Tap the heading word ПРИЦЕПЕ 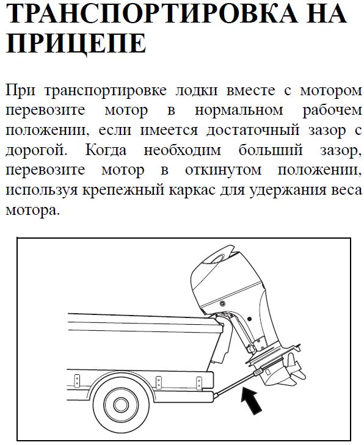(x=76, y=43)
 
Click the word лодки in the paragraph (x=197, y=90)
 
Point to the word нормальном (x=239, y=110)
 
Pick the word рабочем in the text (x=332, y=110)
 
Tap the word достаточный (x=253, y=130)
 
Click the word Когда (x=106, y=150)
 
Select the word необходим (x=182, y=150)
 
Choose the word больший (x=271, y=150)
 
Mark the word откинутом (x=223, y=170)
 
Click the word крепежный (x=123, y=190)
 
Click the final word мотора (x=32, y=210)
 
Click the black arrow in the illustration (x=251, y=400)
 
